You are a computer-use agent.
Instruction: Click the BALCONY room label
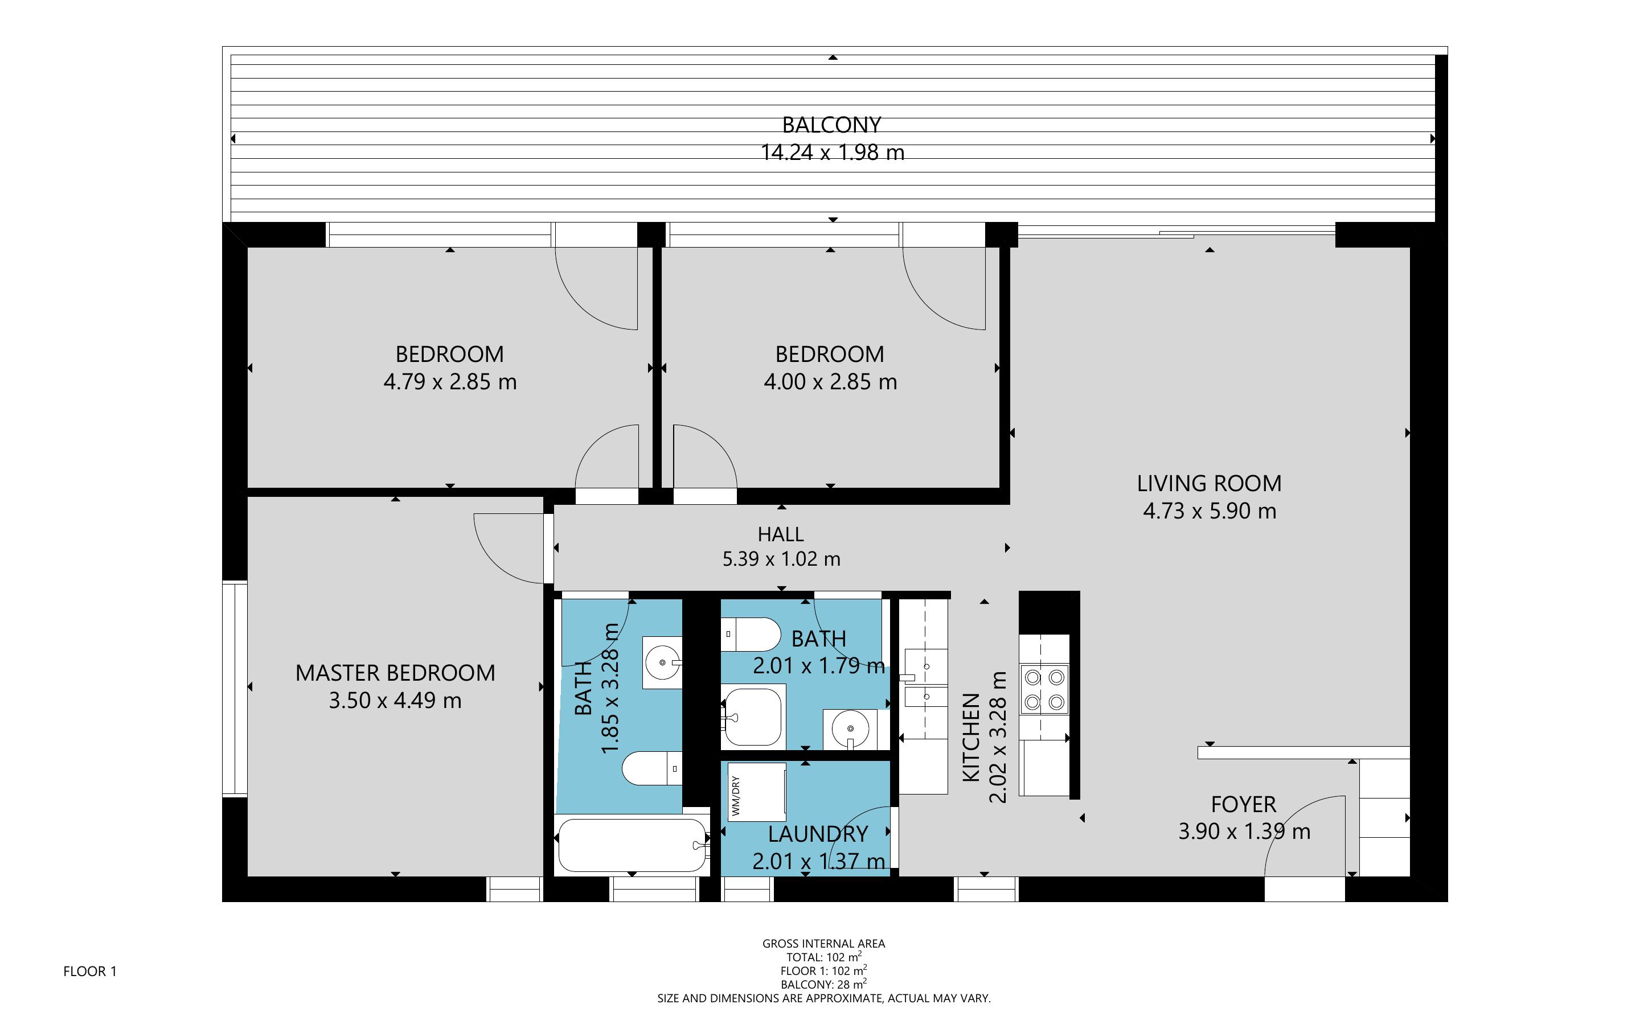click(831, 125)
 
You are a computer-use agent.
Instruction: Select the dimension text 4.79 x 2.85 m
click(450, 382)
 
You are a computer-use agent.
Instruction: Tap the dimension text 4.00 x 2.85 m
click(830, 382)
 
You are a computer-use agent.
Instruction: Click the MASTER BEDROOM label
click(395, 672)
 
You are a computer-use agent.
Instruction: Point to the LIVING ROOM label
click(1209, 483)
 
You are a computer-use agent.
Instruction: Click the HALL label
click(781, 534)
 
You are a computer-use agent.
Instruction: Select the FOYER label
click(1243, 804)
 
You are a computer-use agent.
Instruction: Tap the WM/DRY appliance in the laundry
click(756, 792)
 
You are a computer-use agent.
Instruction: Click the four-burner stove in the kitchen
click(1044, 689)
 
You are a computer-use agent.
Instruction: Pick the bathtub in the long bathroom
click(632, 845)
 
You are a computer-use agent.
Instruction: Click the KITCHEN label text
click(971, 737)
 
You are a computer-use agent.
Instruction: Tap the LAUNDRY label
click(818, 834)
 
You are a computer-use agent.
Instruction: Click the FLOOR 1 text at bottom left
click(90, 971)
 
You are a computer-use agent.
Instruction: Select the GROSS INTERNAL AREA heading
click(823, 943)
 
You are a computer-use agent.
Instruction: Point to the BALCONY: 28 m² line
click(823, 984)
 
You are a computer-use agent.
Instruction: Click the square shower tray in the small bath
click(753, 716)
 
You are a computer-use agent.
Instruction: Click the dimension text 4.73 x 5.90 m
click(1209, 511)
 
